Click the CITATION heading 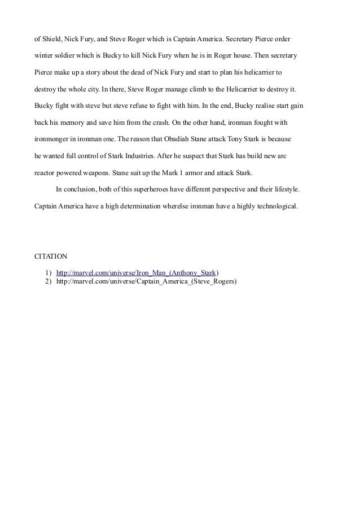[x=51, y=255]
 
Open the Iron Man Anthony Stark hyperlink [x=137, y=272]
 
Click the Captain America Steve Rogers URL [x=146, y=281]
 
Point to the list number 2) [x=48, y=281]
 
